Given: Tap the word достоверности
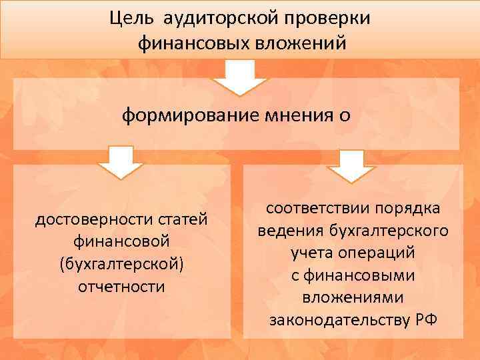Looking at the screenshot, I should (x=85, y=219).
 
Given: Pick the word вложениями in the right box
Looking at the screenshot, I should (x=353, y=297).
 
